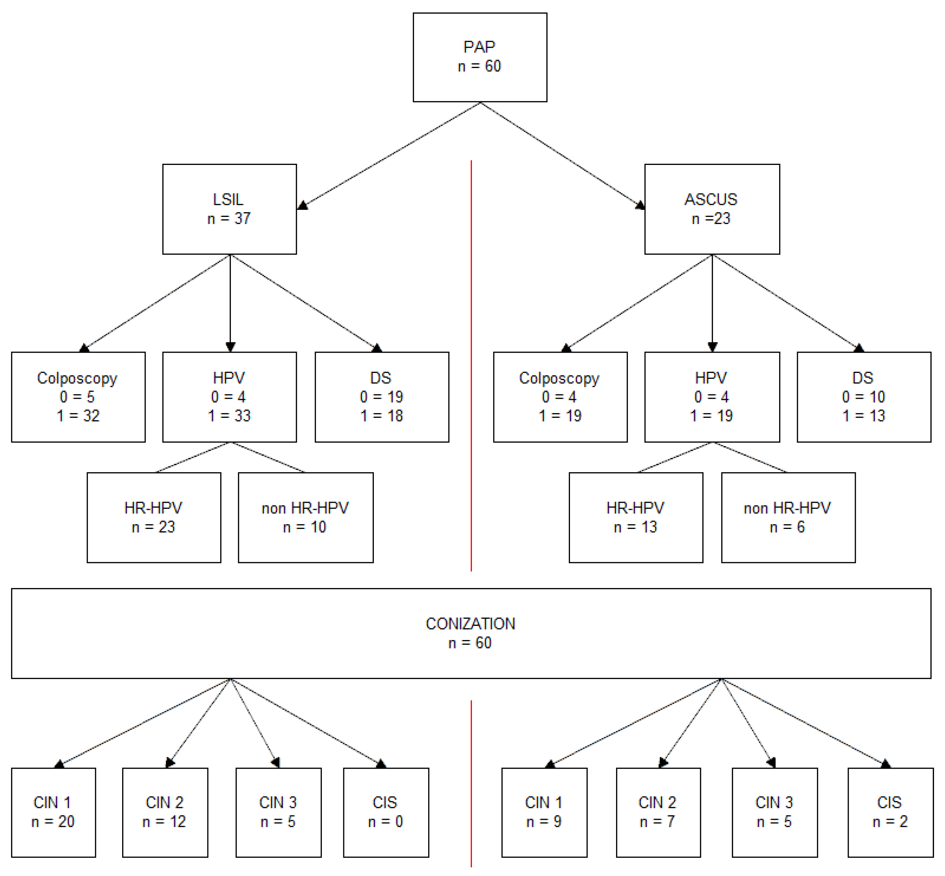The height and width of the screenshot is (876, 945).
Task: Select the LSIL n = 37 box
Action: pos(229,209)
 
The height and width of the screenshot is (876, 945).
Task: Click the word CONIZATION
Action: pos(470,623)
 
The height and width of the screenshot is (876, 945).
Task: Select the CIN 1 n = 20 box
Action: pos(53,812)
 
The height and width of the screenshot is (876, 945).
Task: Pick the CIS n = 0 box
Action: pos(385,812)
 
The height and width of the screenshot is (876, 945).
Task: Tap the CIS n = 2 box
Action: pos(890,812)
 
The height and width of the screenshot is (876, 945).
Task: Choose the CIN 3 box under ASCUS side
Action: pos(774,812)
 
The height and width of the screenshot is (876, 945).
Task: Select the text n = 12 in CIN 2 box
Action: pos(164,822)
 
